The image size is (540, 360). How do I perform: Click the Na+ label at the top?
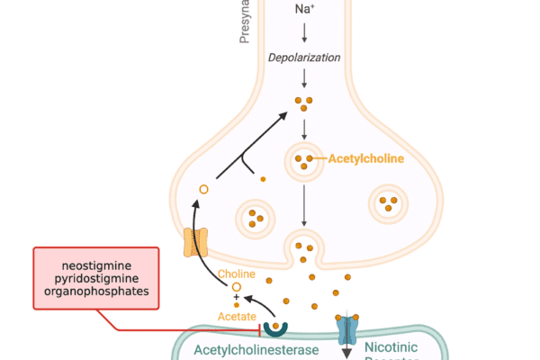(305, 10)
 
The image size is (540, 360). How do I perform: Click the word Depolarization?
(304, 58)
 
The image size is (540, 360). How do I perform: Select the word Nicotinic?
(390, 347)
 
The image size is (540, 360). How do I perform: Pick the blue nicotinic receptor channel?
(348, 330)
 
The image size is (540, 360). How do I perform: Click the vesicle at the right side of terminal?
(390, 203)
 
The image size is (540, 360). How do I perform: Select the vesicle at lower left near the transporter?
(255, 217)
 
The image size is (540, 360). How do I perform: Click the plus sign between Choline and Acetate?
(237, 297)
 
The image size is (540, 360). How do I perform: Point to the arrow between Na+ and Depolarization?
(304, 33)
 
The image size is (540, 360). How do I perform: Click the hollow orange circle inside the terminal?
(203, 189)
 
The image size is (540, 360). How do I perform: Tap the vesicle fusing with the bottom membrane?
(304, 244)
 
